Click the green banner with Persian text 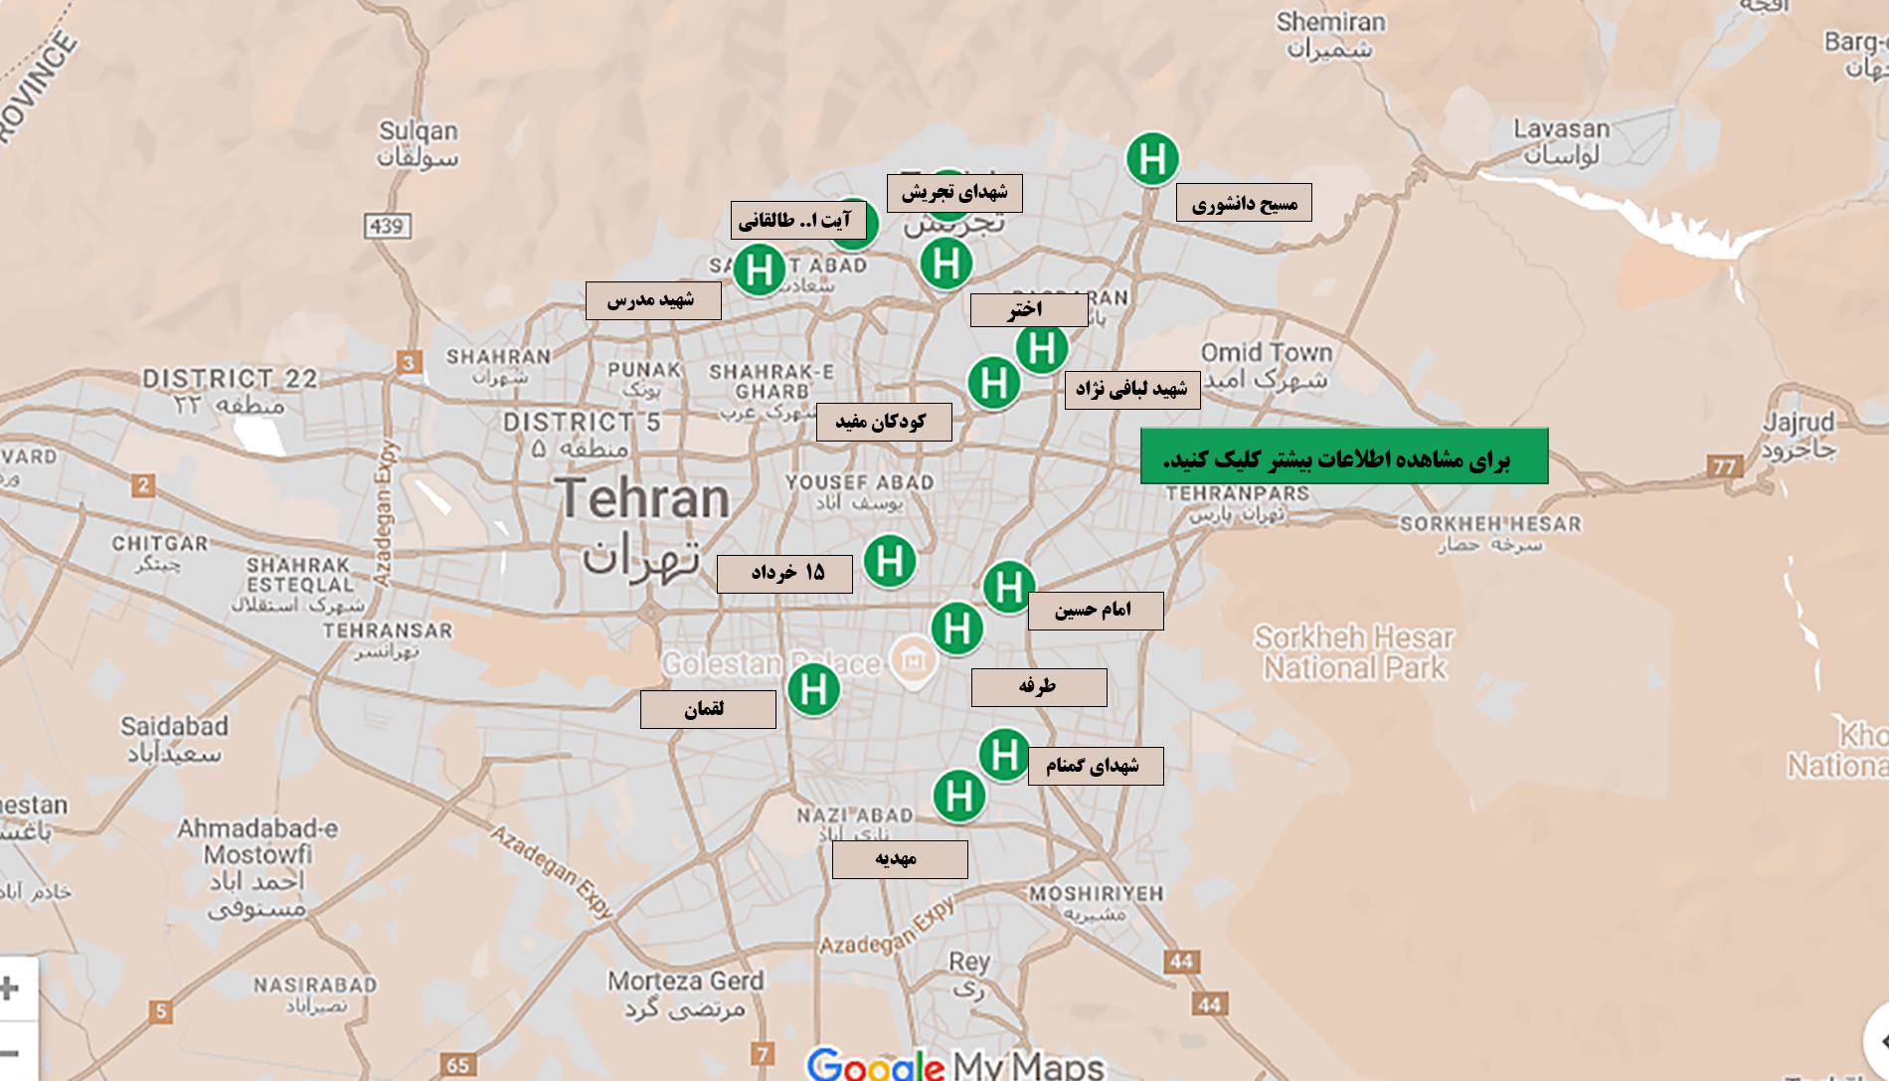pos(1343,456)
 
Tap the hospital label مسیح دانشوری pos(1244,203)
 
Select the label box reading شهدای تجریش pos(954,193)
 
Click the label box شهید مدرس pos(652,300)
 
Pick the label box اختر pos(1028,309)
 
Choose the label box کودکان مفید pos(883,422)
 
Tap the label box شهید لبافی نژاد pos(1131,389)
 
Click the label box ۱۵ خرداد pos(784,573)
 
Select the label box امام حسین pos(1095,610)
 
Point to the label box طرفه pos(1038,687)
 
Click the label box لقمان pos(707,709)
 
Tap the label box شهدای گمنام pos(1095,766)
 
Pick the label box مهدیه pos(899,859)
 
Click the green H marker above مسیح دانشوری pos(1152,159)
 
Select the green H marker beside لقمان pos(813,689)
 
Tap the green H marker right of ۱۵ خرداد pos(890,561)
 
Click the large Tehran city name pos(642,498)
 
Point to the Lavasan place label pos(1561,130)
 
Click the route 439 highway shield pos(387,226)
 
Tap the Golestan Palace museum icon pos(913,660)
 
